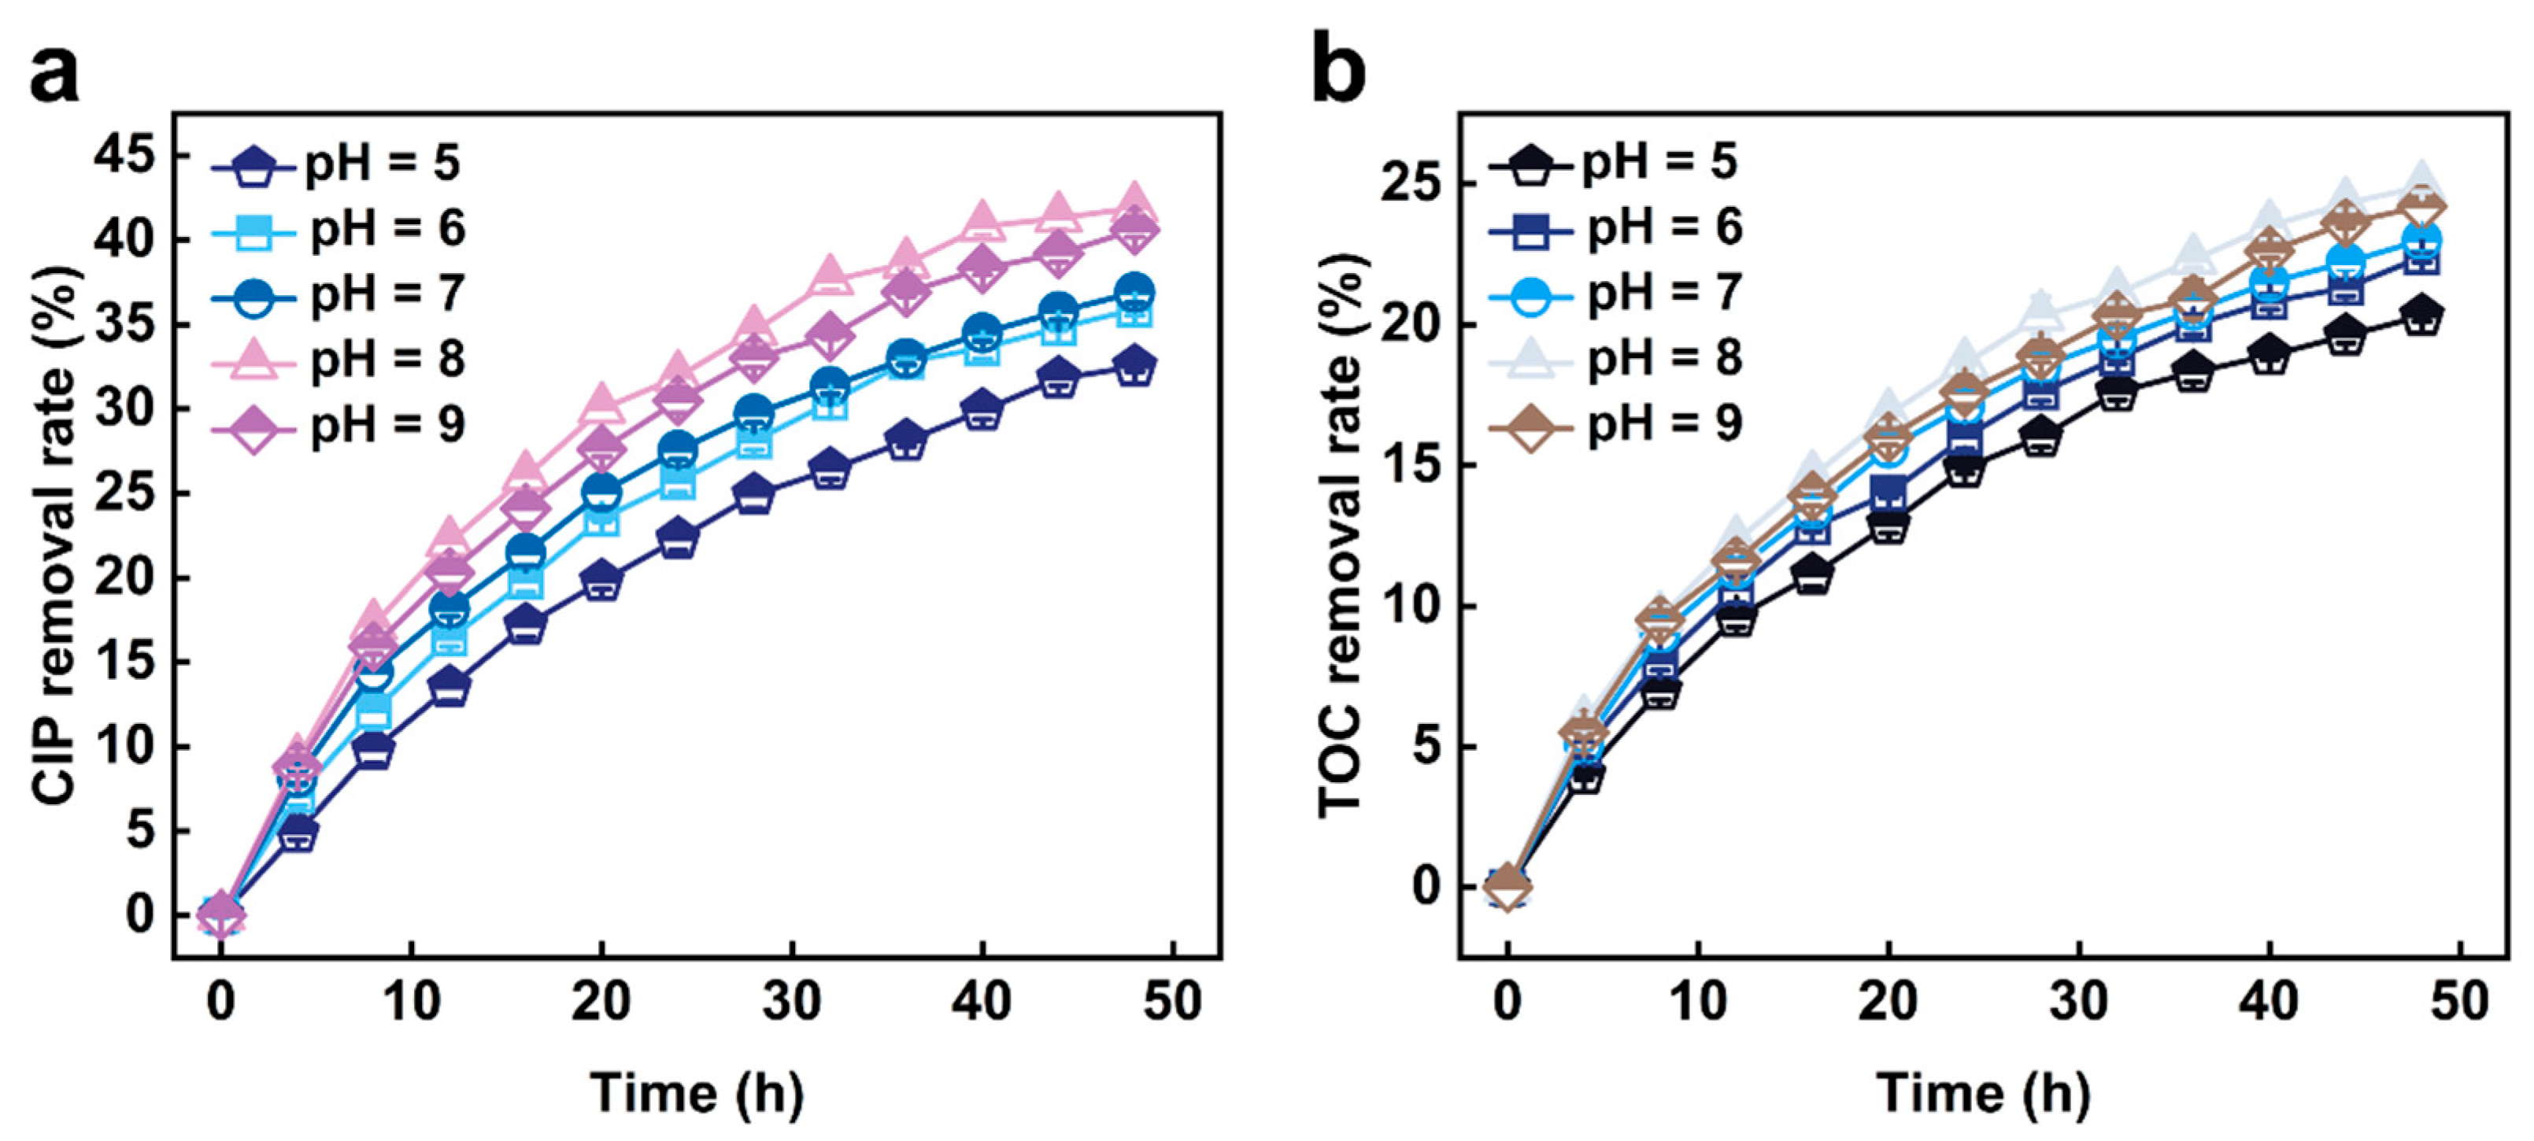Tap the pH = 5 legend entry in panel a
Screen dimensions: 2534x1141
(x=335, y=164)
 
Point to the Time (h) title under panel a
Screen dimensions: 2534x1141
(x=697, y=1093)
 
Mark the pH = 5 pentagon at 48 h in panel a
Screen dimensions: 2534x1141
(x=1134, y=365)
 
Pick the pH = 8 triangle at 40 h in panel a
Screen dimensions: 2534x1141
(x=982, y=220)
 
